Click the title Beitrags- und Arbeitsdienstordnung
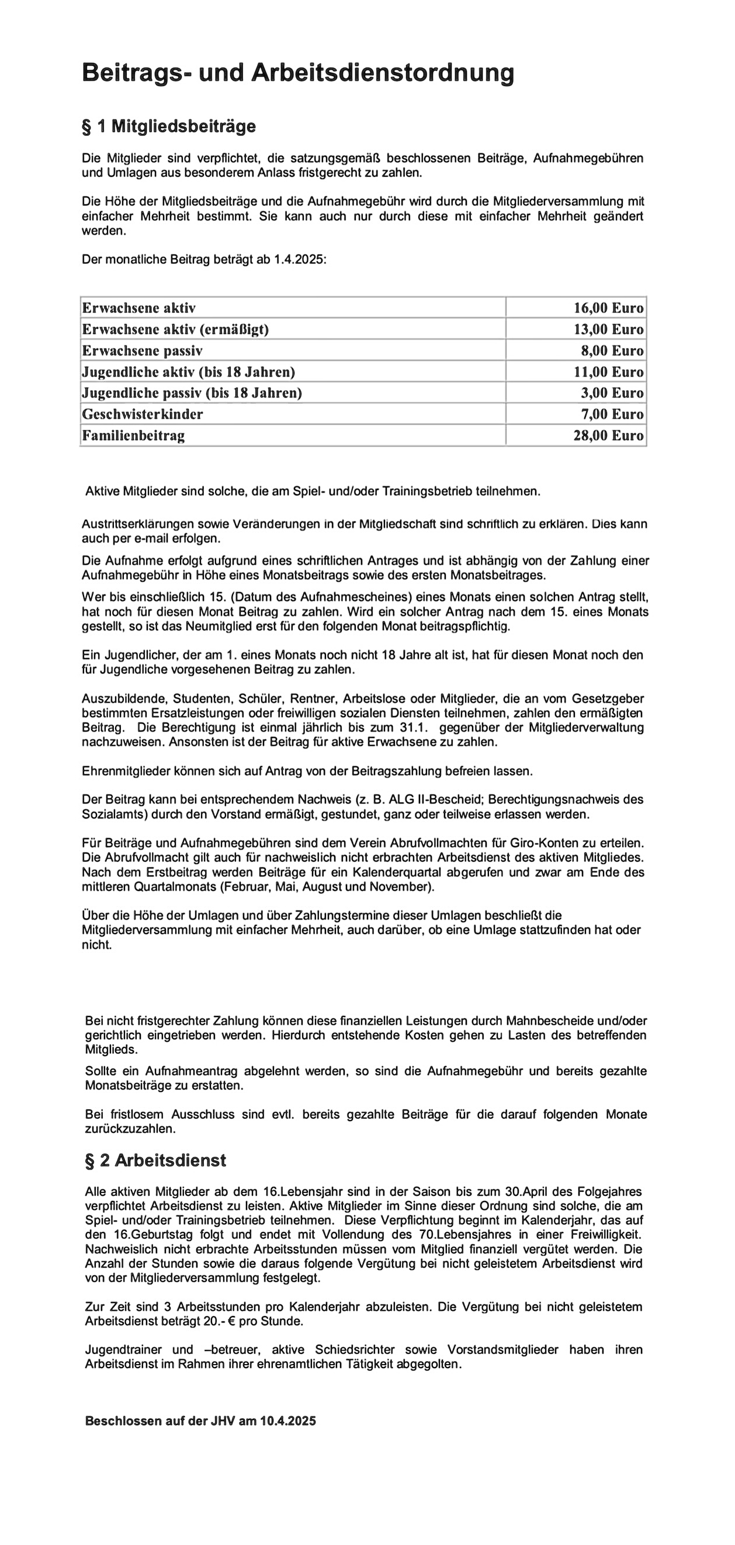(x=297, y=72)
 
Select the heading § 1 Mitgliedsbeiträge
(x=169, y=127)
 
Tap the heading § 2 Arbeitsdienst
(x=155, y=1160)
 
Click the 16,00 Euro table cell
(x=608, y=308)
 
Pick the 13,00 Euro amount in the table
(x=608, y=329)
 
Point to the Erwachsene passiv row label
(x=142, y=351)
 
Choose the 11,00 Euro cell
(x=608, y=372)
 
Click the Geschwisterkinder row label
(x=142, y=415)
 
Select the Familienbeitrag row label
(x=133, y=436)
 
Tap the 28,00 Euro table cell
(x=608, y=436)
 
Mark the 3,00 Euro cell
(x=611, y=393)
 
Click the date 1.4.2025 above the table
(x=299, y=260)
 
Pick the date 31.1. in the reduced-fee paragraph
(x=414, y=728)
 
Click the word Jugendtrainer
(x=124, y=1349)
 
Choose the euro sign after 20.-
(x=232, y=1321)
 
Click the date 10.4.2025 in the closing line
(x=287, y=1421)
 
